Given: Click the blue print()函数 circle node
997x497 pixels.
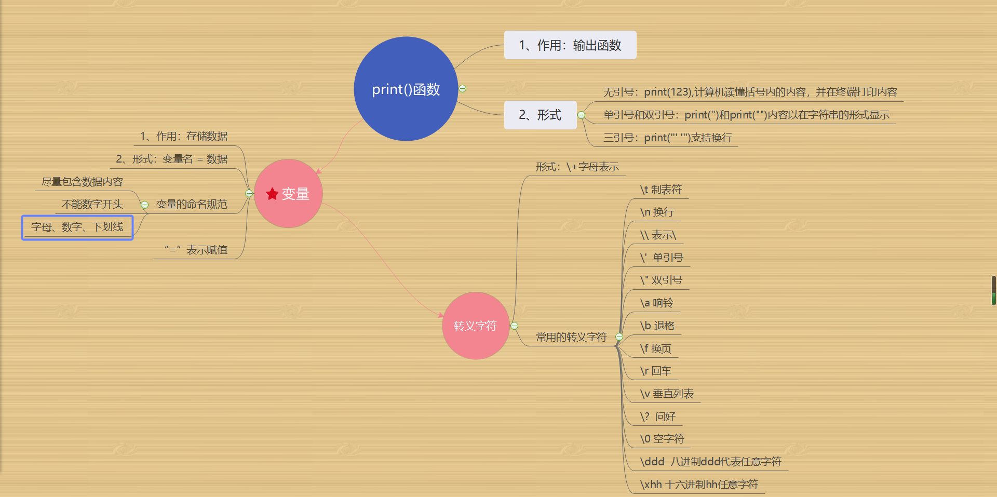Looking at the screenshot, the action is coord(406,89).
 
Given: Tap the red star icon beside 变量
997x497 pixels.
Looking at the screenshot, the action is coord(272,194).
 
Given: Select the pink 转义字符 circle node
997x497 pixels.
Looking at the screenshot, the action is coord(475,326).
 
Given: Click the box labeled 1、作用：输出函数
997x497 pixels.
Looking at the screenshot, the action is coord(570,45).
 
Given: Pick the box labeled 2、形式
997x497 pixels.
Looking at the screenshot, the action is coord(540,115).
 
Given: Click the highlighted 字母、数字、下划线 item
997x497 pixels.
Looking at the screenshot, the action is coord(77,227).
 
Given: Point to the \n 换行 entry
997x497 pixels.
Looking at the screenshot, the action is coord(657,212).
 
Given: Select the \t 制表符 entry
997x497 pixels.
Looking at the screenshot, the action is coord(661,190).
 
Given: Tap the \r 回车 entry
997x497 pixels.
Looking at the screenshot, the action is coord(656,371).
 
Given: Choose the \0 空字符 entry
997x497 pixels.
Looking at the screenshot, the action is coord(662,439).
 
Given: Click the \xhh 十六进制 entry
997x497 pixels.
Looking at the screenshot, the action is coord(699,485).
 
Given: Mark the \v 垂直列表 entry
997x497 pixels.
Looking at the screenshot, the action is coord(667,394).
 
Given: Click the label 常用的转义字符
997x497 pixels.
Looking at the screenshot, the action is coord(571,337).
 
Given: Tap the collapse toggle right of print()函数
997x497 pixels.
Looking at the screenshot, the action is coord(462,88).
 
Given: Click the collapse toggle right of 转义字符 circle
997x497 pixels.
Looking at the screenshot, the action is coord(514,326).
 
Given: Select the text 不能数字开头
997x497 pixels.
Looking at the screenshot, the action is coord(92,204).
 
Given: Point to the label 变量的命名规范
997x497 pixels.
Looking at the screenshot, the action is coord(192,204).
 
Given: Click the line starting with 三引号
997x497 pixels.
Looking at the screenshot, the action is coord(667,138).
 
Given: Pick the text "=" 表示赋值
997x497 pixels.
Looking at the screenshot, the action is coord(196,250).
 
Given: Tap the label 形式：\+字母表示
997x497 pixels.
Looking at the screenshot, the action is coord(577,167).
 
